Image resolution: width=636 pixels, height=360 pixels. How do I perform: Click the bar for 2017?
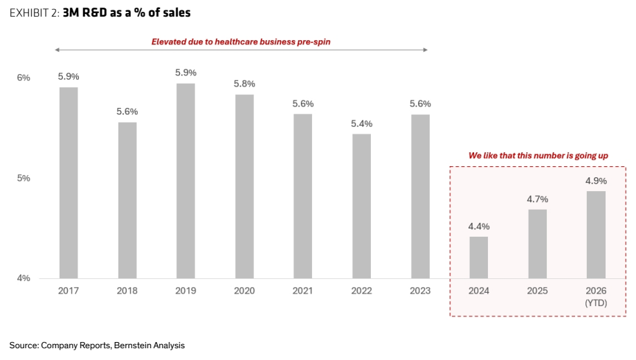pyautogui.click(x=69, y=183)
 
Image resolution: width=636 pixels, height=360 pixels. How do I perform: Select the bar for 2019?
pyautogui.click(x=185, y=181)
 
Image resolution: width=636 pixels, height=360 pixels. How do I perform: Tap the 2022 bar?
pyautogui.click(x=361, y=206)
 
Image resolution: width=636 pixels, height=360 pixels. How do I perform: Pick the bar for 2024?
pyautogui.click(x=479, y=258)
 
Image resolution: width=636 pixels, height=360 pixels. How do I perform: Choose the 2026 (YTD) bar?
pyautogui.click(x=596, y=235)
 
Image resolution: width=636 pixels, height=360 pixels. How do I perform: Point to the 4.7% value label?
pyautogui.click(x=538, y=199)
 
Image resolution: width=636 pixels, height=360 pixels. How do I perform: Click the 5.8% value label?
pyautogui.click(x=244, y=84)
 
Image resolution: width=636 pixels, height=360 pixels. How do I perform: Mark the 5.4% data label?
pyautogui.click(x=361, y=124)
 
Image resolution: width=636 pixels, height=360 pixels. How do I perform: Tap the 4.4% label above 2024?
pyautogui.click(x=479, y=226)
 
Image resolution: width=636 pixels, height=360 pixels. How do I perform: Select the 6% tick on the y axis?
pyautogui.click(x=24, y=78)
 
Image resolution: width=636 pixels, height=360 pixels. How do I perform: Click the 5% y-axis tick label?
pyautogui.click(x=24, y=178)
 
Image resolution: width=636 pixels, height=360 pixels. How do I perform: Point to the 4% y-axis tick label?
pyautogui.click(x=24, y=278)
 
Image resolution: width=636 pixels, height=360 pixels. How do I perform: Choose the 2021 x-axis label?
pyautogui.click(x=303, y=291)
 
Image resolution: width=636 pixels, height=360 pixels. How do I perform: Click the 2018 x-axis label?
pyautogui.click(x=127, y=291)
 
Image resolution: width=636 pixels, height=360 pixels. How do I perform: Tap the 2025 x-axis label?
pyautogui.click(x=538, y=291)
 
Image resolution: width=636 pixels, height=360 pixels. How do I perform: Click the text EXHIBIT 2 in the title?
pyautogui.click(x=35, y=13)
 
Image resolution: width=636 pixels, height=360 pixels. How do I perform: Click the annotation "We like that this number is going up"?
pyautogui.click(x=538, y=156)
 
